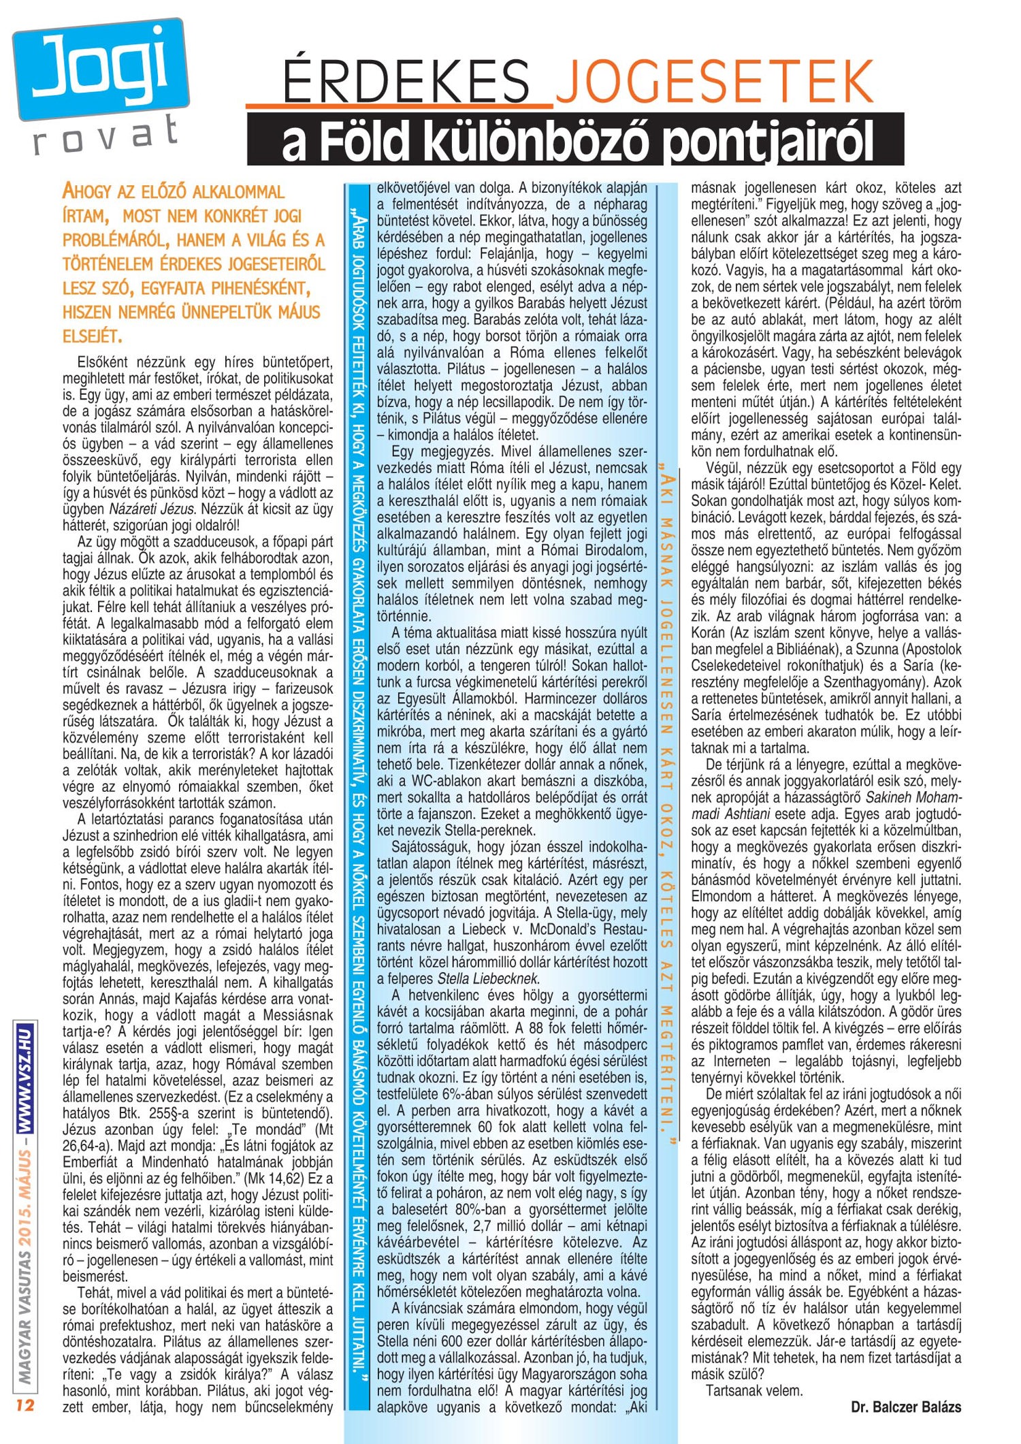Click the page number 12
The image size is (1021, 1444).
(25, 1405)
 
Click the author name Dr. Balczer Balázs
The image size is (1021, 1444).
(906, 1407)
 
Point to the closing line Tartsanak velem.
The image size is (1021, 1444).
(754, 1390)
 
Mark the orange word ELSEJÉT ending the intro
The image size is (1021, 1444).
(92, 336)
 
